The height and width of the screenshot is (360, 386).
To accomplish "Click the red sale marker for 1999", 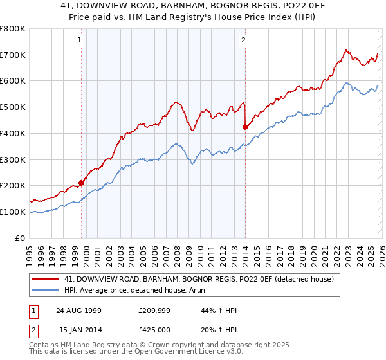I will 82,183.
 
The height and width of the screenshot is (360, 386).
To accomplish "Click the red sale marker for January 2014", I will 245,127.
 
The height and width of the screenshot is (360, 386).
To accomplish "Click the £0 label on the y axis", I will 21,238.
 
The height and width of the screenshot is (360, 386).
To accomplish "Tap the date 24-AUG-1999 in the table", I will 78,310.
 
